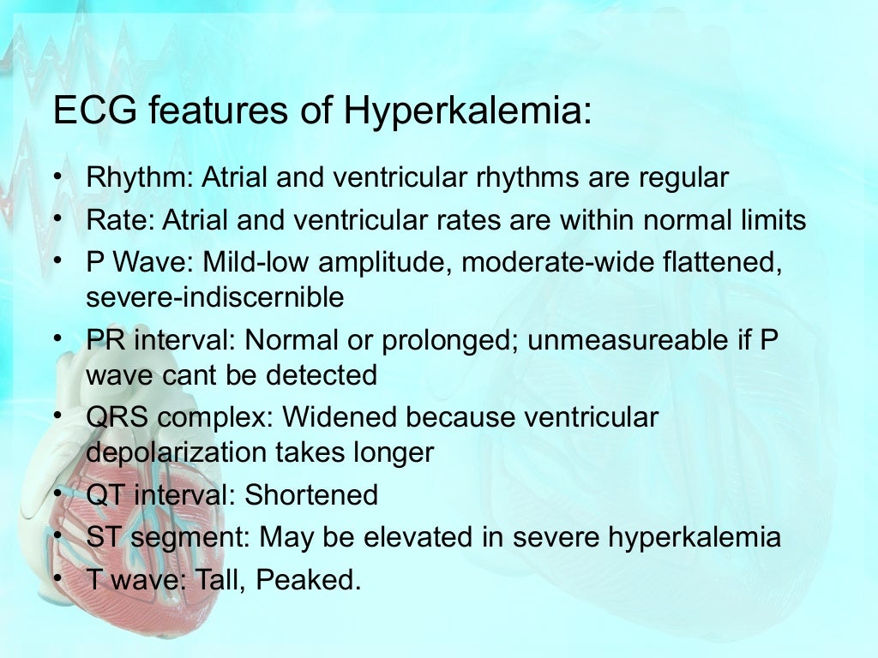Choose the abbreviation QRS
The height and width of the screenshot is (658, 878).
tap(112, 417)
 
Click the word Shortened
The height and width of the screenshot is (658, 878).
tap(311, 494)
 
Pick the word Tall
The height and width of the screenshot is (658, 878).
tap(221, 580)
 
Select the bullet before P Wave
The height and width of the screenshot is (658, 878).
tap(58, 261)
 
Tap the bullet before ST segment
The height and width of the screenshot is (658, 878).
tap(58, 535)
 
